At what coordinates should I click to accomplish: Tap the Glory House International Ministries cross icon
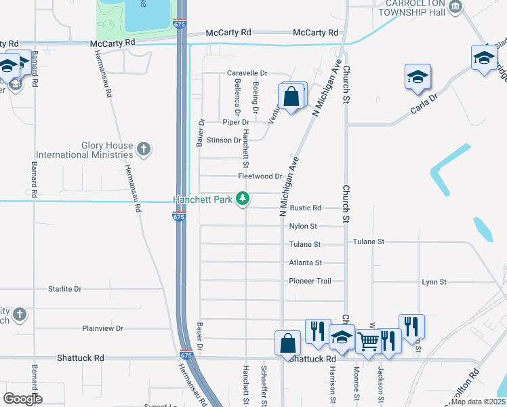click(143, 147)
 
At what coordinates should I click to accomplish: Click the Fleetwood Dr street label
click(260, 176)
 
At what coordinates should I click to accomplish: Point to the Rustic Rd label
click(305, 208)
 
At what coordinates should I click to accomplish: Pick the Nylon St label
click(303, 227)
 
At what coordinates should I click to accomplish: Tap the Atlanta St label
click(305, 263)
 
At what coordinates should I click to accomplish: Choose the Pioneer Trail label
click(308, 281)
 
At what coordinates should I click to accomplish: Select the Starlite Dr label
click(64, 289)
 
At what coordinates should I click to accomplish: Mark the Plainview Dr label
click(102, 328)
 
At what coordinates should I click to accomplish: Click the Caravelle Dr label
click(247, 73)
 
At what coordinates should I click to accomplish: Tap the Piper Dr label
click(236, 122)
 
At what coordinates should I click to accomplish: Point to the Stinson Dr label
click(224, 140)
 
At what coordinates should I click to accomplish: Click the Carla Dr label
click(424, 102)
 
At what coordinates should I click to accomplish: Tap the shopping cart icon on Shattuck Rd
click(368, 342)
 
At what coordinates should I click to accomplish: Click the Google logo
click(22, 399)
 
